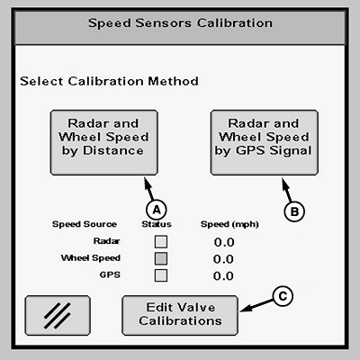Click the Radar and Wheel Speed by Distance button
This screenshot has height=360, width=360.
pyautogui.click(x=103, y=142)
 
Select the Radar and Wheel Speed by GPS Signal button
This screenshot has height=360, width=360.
pyautogui.click(x=265, y=142)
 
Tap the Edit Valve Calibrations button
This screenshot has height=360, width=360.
pyautogui.click(x=180, y=315)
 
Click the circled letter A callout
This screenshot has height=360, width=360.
pyautogui.click(x=157, y=210)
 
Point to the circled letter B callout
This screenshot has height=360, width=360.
pyautogui.click(x=294, y=211)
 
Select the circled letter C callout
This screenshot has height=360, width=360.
pyautogui.click(x=283, y=296)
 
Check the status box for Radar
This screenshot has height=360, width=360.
pyautogui.click(x=161, y=242)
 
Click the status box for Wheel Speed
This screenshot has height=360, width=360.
pyautogui.click(x=161, y=258)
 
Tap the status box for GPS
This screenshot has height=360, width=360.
pyautogui.click(x=161, y=275)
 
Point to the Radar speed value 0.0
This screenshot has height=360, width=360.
pyautogui.click(x=224, y=242)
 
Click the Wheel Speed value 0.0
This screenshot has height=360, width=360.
pyautogui.click(x=223, y=259)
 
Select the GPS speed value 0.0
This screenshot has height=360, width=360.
pyautogui.click(x=223, y=275)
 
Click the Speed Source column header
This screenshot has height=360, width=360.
pyautogui.click(x=85, y=224)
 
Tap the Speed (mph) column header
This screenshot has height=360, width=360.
pyautogui.click(x=229, y=224)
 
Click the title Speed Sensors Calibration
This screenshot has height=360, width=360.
pyautogui.click(x=180, y=23)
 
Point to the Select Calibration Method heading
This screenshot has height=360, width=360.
pyautogui.click(x=109, y=81)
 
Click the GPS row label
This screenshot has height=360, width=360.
pyautogui.click(x=110, y=274)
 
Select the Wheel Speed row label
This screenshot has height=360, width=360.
pyautogui.click(x=91, y=258)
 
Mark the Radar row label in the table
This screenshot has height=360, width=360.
pyautogui.click(x=106, y=241)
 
